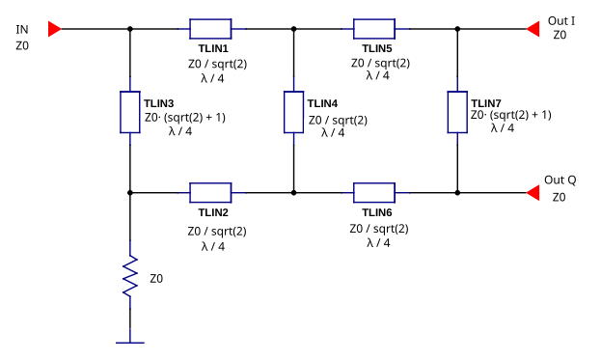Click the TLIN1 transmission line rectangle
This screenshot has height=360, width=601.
click(x=210, y=29)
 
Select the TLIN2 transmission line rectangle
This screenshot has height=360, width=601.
click(x=210, y=192)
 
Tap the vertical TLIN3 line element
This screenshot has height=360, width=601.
click(x=129, y=111)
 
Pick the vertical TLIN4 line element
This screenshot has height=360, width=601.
click(x=293, y=111)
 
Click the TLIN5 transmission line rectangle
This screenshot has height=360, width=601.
click(x=374, y=29)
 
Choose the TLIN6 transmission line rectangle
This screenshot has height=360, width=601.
click(x=374, y=192)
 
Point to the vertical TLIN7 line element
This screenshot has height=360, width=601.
click(x=457, y=111)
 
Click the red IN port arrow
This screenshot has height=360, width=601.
click(x=55, y=29)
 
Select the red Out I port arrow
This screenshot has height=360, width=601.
click(x=533, y=29)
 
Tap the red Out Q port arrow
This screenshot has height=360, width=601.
click(x=533, y=192)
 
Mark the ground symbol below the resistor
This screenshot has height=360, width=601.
click(x=129, y=342)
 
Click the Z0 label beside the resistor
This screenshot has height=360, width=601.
click(x=156, y=278)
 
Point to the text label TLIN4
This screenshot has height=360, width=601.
click(x=322, y=103)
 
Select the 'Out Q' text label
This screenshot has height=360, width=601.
click(x=560, y=180)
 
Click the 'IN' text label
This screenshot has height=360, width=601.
click(x=22, y=30)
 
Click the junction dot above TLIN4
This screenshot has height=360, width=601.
click(x=293, y=29)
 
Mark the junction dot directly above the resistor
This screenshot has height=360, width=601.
click(x=129, y=192)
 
